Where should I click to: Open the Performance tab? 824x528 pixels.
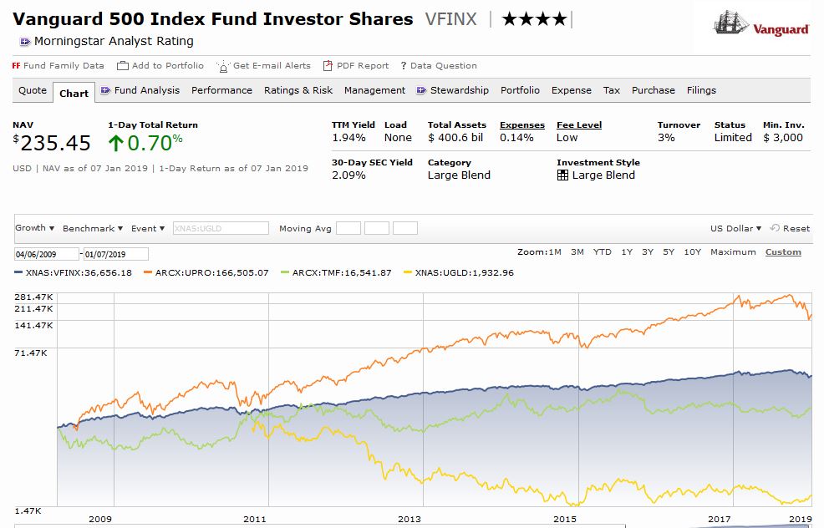221,90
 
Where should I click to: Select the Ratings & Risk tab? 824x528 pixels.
298,90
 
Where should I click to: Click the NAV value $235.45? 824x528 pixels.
55,144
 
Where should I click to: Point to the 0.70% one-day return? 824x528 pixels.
155,144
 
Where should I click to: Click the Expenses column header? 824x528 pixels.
521,125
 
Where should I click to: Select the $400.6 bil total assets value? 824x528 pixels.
455,138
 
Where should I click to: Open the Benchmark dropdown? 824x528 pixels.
92,228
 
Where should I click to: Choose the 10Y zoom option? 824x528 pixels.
692,252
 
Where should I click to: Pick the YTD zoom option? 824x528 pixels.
602,252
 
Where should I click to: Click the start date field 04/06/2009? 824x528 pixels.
46,254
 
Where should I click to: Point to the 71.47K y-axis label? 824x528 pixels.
32,353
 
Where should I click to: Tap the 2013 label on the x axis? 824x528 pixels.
409,519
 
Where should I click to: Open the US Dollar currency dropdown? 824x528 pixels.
735,228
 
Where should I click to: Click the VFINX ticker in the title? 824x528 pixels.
450,19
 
